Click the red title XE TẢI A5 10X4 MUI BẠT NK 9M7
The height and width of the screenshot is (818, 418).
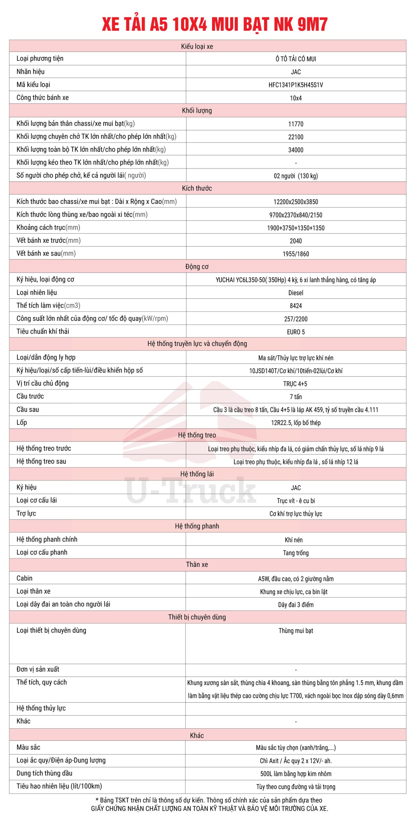click(x=215, y=24)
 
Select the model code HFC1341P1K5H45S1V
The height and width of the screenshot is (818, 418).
click(x=296, y=85)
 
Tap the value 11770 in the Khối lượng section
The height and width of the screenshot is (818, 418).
click(x=296, y=124)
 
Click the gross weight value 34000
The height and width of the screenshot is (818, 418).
click(x=296, y=150)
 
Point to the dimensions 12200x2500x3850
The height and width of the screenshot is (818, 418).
click(x=296, y=202)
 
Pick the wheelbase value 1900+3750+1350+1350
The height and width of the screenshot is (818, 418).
click(x=296, y=228)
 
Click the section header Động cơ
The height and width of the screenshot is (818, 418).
click(x=197, y=266)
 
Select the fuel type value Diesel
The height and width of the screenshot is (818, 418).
click(x=296, y=293)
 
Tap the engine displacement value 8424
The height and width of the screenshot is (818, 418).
click(x=296, y=306)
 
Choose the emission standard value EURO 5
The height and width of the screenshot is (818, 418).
click(x=296, y=332)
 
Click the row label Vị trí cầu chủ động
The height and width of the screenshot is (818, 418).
click(x=42, y=383)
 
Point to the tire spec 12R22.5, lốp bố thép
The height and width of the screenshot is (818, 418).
click(x=296, y=423)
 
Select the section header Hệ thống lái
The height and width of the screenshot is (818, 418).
click(x=197, y=474)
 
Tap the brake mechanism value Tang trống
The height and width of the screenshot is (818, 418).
click(x=296, y=553)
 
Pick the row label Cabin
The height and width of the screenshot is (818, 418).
click(x=25, y=578)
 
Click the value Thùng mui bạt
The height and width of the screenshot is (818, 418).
click(x=296, y=631)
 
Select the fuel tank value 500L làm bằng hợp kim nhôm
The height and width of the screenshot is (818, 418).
click(x=296, y=774)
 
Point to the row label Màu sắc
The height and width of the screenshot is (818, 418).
click(x=28, y=747)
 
